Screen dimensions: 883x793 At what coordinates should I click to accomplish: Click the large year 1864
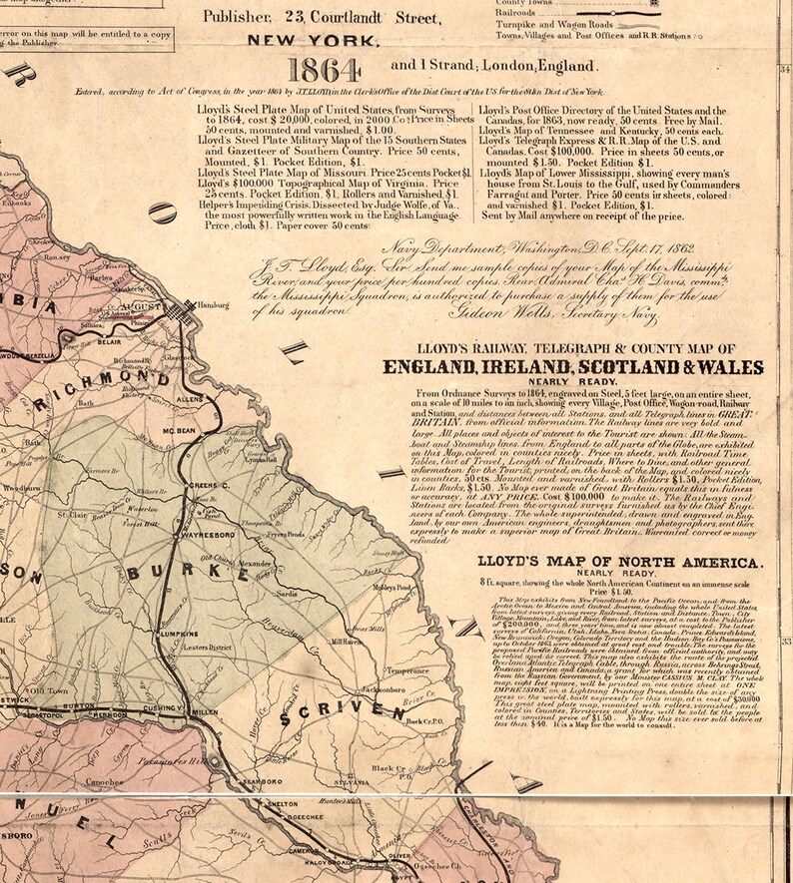(325, 71)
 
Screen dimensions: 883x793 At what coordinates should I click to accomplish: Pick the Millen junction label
(204, 740)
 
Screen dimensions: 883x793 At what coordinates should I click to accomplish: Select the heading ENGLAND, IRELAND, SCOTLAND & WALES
(573, 367)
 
